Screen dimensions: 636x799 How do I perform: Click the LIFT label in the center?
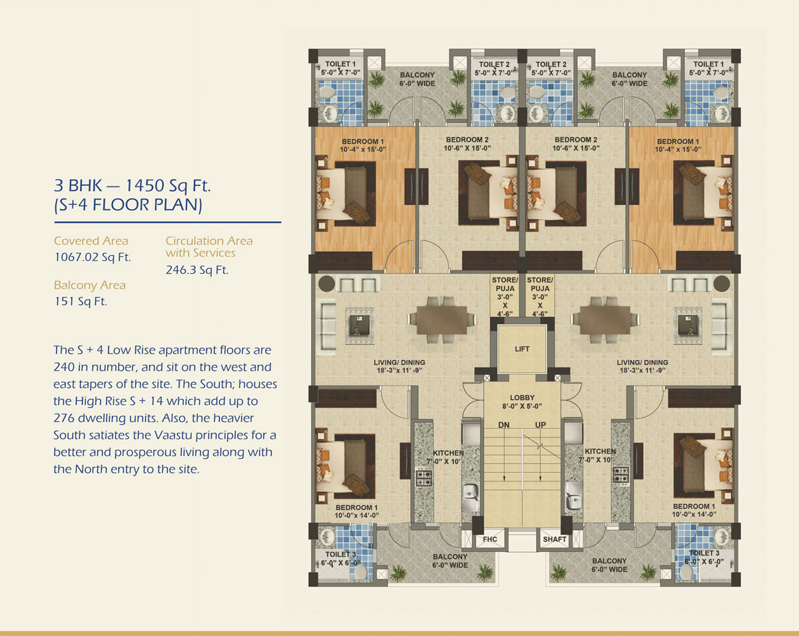click(x=522, y=349)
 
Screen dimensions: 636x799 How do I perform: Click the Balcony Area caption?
click(x=89, y=285)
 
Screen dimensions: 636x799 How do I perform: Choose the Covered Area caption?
click(x=91, y=241)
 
